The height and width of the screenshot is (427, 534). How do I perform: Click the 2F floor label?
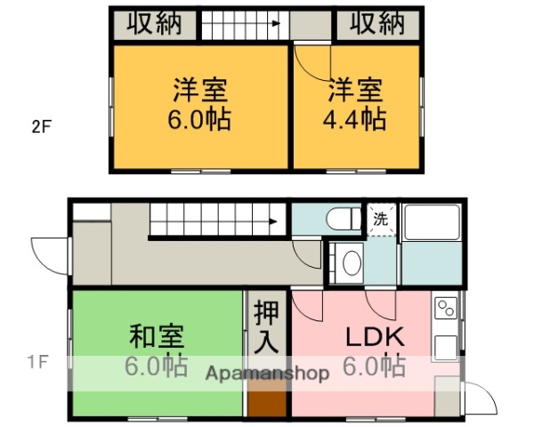point(42,126)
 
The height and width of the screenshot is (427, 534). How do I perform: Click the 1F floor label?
point(36,362)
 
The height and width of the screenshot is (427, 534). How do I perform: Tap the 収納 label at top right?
point(376,24)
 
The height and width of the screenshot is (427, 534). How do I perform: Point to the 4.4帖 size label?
point(357,119)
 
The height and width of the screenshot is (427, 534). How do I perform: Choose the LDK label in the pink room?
point(375,338)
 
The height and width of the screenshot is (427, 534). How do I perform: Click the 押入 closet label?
point(266,326)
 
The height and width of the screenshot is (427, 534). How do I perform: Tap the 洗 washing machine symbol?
point(380,218)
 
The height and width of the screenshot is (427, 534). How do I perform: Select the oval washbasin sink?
point(352,263)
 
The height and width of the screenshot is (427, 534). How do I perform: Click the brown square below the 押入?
point(267,398)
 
